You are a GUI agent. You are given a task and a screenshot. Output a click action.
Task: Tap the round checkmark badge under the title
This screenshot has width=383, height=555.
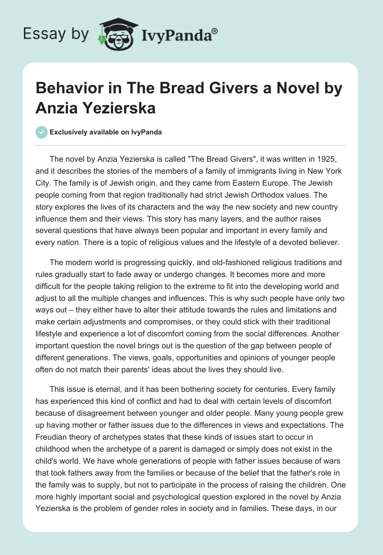coord(41,132)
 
